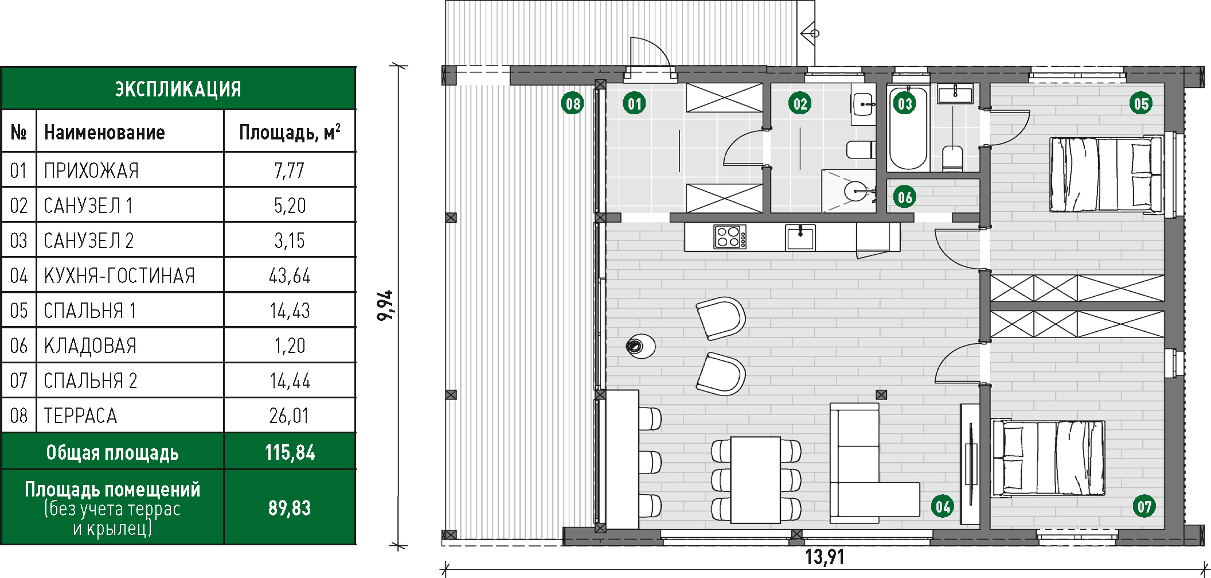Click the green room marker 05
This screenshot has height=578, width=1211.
(1141, 104)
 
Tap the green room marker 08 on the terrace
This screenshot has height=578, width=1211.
(573, 104)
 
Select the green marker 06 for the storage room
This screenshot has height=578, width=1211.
(904, 197)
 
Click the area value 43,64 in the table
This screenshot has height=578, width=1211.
(290, 276)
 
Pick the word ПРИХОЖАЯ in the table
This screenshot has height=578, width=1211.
(91, 171)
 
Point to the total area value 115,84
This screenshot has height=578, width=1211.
(290, 453)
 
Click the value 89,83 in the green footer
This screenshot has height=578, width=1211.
(290, 508)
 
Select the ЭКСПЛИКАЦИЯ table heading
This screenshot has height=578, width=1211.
(178, 89)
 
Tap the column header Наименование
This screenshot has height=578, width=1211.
(104, 133)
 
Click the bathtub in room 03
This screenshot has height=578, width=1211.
(908, 128)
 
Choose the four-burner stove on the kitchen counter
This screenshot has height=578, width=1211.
(730, 236)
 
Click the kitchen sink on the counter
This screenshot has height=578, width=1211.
(800, 237)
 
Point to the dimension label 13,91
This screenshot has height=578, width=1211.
(825, 557)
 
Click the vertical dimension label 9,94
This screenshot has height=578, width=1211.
(385, 305)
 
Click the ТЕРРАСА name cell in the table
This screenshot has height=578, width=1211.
(80, 416)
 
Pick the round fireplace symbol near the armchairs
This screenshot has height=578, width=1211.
(640, 346)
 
